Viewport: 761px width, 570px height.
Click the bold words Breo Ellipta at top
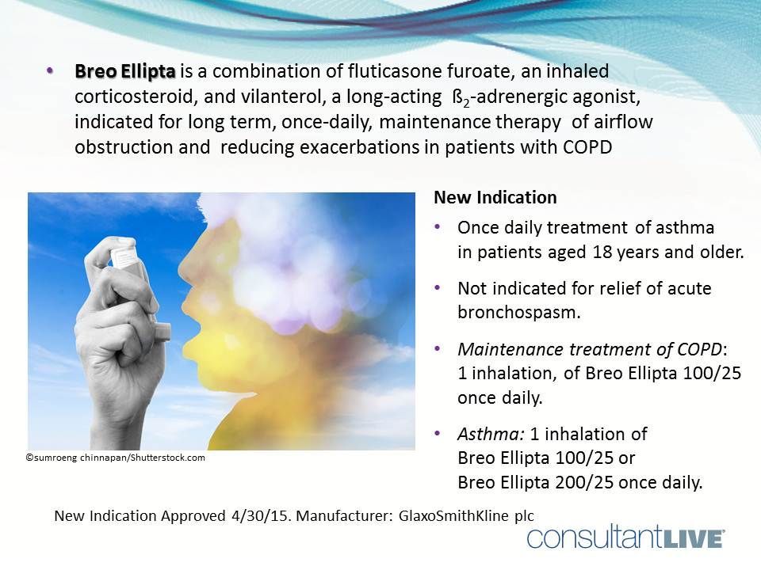[x=125, y=71]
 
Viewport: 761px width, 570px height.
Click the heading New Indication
[x=495, y=197]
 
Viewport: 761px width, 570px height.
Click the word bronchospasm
[x=519, y=311]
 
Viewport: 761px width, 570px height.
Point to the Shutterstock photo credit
[x=116, y=458]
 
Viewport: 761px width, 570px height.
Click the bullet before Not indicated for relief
[x=438, y=289]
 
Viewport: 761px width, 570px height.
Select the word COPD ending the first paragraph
[x=587, y=148]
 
